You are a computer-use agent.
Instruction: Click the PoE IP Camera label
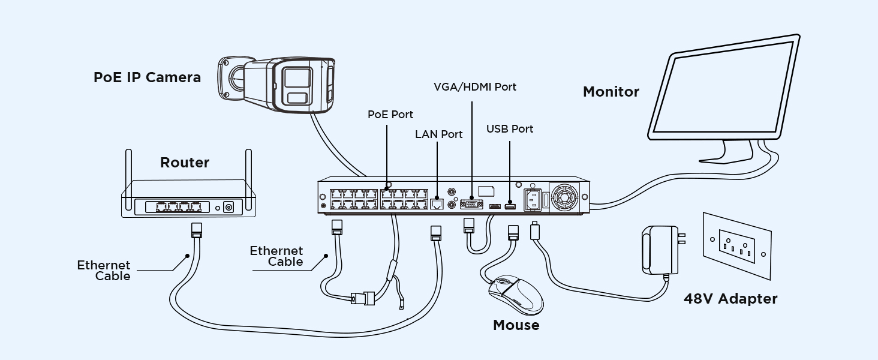(x=147, y=77)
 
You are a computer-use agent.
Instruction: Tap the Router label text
(x=185, y=163)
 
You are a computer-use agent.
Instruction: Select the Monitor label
(x=611, y=92)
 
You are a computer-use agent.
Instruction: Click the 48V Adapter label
(x=730, y=299)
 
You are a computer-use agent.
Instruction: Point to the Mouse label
(x=516, y=325)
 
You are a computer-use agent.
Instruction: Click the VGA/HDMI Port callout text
(x=474, y=87)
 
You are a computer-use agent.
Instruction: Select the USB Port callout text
(x=510, y=129)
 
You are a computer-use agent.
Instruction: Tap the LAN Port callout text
(x=438, y=134)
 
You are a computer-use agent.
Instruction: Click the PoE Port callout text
(x=390, y=115)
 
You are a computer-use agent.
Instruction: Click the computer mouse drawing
(x=516, y=295)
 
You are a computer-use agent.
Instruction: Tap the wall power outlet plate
(x=737, y=246)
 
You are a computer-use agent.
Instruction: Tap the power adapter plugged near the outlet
(x=662, y=250)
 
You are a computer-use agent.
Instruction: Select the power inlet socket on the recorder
(x=533, y=200)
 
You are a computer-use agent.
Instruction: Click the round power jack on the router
(x=228, y=208)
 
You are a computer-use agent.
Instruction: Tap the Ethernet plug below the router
(x=196, y=230)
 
